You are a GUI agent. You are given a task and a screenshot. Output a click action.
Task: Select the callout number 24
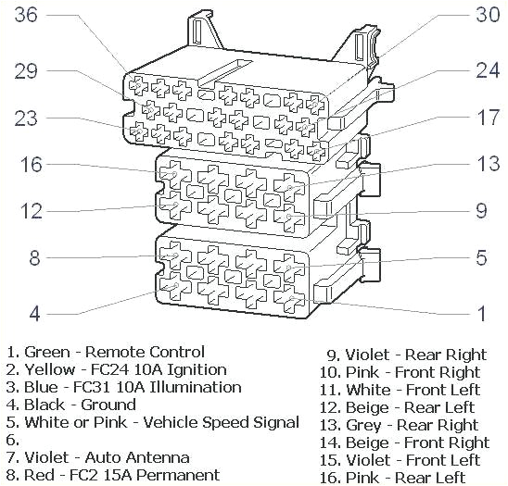point(488,69)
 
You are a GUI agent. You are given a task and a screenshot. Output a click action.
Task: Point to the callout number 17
point(488,118)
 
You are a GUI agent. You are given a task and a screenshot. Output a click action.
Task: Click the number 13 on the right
point(488,164)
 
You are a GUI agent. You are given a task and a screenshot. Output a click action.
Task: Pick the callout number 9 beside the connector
point(481,211)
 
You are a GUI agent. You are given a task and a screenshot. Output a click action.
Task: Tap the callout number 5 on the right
point(481,257)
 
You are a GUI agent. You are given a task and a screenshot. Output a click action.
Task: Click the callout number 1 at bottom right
point(481,314)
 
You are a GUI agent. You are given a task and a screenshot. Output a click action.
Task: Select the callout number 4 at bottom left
point(34,314)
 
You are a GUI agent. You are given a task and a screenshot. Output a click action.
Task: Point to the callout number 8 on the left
point(34,257)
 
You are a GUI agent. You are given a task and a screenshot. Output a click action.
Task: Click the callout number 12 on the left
point(32,211)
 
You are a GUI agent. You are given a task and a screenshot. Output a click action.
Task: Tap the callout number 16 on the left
point(32,164)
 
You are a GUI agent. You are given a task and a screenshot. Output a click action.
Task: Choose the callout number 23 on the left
point(28,118)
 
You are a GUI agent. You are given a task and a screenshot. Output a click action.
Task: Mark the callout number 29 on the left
point(28,69)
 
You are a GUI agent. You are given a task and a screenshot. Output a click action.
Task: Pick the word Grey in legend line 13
point(365,425)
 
